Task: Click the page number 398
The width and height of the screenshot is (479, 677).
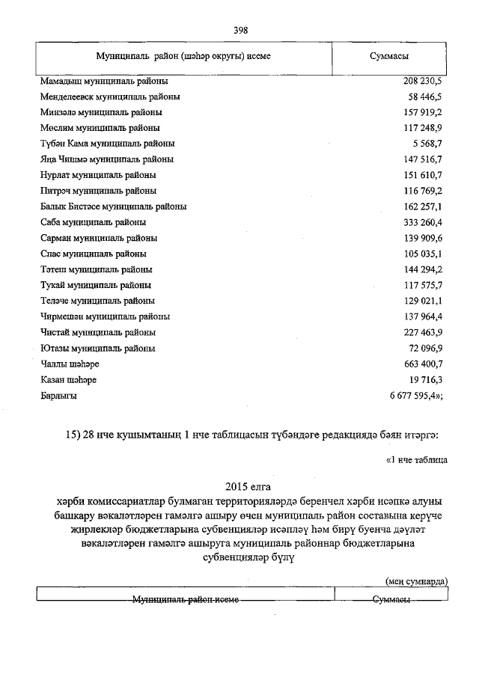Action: pos(240,31)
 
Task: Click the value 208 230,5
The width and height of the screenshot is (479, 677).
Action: pos(422,81)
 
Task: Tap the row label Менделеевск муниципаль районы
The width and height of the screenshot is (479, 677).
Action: pos(110,97)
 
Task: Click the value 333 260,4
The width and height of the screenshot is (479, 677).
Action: pos(422,222)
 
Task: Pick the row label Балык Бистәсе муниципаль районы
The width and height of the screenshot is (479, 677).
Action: pos(113,206)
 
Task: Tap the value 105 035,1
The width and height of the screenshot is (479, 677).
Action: pos(422,254)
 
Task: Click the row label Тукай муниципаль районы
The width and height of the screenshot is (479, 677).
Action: pos(96,285)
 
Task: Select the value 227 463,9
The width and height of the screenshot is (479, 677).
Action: pos(422,332)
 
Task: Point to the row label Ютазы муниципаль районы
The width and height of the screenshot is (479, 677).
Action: pos(98,348)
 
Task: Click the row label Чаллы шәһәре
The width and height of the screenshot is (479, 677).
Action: pos(70,364)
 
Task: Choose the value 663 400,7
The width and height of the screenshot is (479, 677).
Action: pos(422,364)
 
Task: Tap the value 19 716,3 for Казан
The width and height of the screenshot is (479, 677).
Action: pos(424,380)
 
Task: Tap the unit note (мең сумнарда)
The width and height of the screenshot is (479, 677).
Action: pos(416,580)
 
